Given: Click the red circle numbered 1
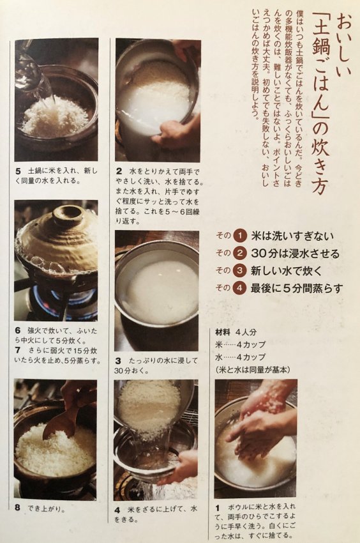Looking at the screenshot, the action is [239, 236].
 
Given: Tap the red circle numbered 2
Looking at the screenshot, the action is [239, 253].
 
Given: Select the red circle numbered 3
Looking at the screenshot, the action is [239, 270].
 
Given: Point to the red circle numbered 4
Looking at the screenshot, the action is [239, 287].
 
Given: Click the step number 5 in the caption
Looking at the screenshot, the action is [18, 171].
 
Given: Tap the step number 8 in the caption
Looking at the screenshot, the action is [18, 508].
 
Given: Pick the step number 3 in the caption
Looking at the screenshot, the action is [118, 361].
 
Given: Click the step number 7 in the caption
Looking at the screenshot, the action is [18, 350].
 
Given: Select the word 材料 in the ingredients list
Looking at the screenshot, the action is [223, 332].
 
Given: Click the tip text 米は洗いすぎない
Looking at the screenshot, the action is [292, 236].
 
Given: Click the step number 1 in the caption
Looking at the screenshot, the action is [218, 508].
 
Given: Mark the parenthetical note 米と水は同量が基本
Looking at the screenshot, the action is [253, 370].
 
